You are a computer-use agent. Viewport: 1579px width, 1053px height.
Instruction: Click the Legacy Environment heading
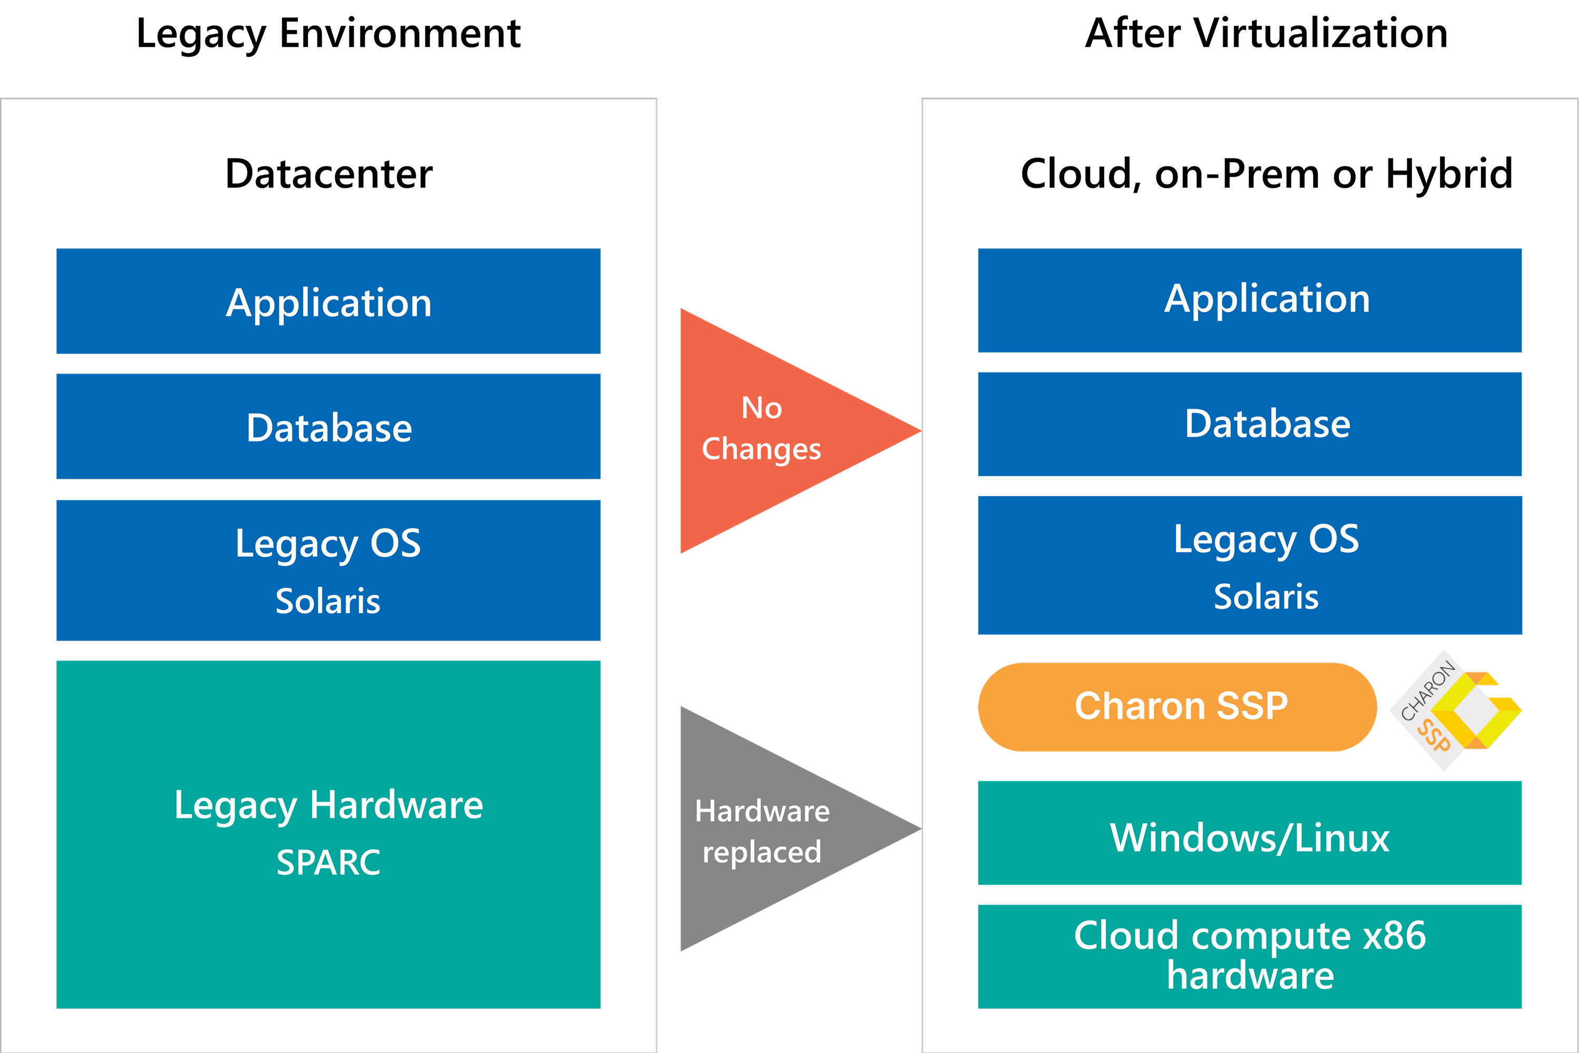pos(328,34)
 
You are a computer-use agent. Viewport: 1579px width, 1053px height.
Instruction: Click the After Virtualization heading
pos(1266,34)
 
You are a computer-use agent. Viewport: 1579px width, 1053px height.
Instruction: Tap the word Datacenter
pos(328,174)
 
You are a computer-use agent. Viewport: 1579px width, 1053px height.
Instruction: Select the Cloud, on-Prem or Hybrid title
pos(1266,174)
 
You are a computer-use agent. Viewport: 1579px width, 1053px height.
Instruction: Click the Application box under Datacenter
pos(328,302)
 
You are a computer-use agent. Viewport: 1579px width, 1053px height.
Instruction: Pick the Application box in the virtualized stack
pos(1249,299)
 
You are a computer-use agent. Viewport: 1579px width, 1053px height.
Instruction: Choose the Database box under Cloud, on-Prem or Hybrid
pos(1249,424)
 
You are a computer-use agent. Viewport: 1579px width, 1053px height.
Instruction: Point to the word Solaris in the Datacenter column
pos(328,600)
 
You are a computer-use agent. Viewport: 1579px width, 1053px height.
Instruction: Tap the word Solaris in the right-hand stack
pos(1266,596)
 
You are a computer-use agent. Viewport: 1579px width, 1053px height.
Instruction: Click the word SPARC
pos(328,863)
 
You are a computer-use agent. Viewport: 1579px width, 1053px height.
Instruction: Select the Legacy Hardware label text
pos(328,805)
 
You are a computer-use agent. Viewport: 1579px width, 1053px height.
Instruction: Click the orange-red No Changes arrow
pos(772,430)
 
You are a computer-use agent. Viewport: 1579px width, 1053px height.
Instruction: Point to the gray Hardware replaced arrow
pos(772,829)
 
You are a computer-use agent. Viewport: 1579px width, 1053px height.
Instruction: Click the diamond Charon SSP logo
pos(1454,710)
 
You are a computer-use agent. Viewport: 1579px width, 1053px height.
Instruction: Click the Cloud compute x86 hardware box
pos(1249,956)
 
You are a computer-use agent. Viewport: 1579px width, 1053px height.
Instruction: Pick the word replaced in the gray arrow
pos(762,852)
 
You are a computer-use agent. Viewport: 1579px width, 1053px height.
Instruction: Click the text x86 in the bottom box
pos(1394,936)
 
